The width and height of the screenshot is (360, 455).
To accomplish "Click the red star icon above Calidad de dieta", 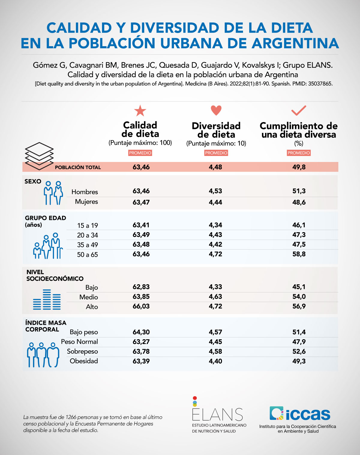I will coord(140,111).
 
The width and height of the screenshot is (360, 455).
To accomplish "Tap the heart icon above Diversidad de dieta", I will coord(216,110).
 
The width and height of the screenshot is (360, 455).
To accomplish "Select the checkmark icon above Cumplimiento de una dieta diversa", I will coord(299,110).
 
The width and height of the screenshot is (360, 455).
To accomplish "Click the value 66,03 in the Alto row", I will coord(141,306).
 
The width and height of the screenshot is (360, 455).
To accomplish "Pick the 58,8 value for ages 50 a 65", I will coord(299,254).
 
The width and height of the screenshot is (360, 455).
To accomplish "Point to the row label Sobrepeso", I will coord(82,351).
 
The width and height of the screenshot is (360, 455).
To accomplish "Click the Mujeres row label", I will coord(86,202).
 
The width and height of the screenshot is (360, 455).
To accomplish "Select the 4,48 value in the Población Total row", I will coord(215,167).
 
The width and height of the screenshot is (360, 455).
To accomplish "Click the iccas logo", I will coord(300,414).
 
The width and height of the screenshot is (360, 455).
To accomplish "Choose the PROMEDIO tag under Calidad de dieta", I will coord(140,153).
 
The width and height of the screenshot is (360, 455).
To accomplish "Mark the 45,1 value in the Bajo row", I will coord(299,287).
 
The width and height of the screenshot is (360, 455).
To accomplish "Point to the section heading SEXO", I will coord(33,181).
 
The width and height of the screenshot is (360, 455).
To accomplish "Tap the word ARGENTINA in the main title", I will coord(295,43).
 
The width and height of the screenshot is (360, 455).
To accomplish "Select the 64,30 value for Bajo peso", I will coord(141,332).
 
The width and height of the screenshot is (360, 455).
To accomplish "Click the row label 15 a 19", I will coord(88,226).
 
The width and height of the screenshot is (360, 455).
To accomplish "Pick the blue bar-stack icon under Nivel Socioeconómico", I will coord(47,300).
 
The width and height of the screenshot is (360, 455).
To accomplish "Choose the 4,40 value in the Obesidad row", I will coord(215,361).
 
